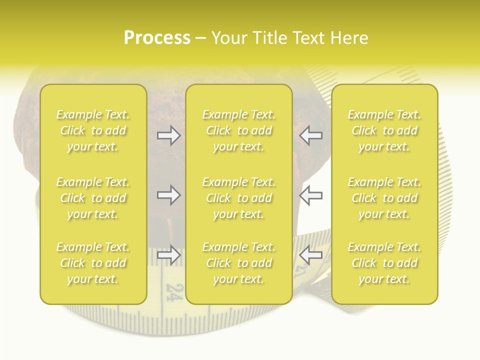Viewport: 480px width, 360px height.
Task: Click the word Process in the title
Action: [157, 38]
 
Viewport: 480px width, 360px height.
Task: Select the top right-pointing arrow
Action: [169, 135]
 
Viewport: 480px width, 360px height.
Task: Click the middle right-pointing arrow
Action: [169, 195]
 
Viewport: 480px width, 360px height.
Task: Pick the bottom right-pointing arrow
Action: [169, 255]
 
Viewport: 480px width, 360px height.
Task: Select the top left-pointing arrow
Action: [310, 135]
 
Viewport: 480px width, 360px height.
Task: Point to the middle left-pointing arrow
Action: [310, 195]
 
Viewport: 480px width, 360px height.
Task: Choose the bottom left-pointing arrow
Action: [310, 255]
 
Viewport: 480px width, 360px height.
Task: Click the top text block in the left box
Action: [93, 130]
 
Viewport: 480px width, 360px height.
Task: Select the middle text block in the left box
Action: [93, 198]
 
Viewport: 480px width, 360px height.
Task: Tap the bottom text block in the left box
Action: [93, 263]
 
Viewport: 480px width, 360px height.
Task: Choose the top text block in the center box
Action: [239, 130]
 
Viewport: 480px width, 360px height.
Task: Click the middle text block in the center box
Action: [239, 198]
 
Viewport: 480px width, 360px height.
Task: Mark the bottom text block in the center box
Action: [239, 263]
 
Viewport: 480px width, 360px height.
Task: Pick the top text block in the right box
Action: [384, 130]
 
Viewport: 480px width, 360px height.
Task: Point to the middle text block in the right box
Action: [384, 198]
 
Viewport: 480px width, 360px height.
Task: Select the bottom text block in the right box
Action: [384, 263]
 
